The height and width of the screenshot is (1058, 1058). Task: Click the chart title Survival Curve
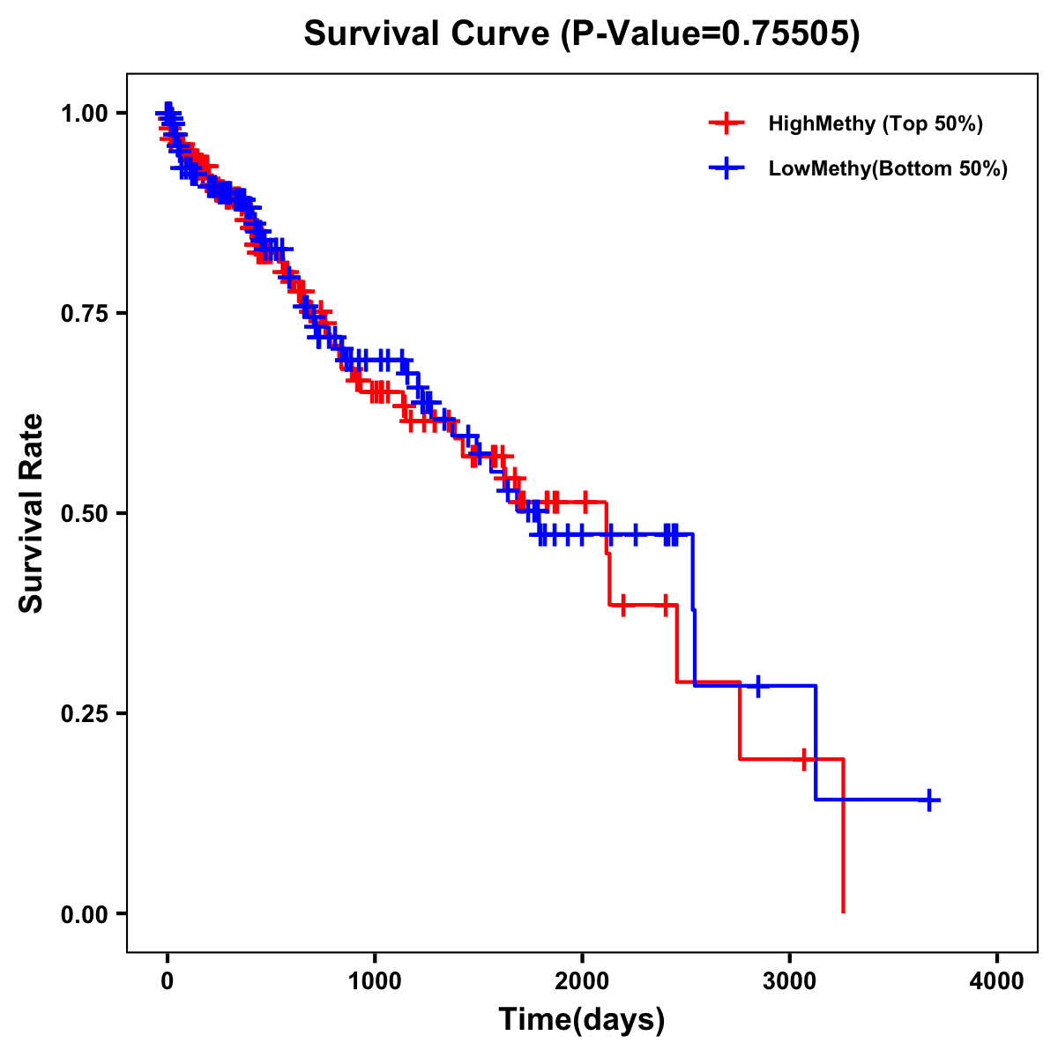[x=581, y=34]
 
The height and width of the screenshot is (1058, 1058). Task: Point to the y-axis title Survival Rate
[x=32, y=513]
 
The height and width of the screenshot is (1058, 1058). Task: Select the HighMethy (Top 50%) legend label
[x=875, y=123]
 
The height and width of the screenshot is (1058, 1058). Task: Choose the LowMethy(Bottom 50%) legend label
[x=888, y=169]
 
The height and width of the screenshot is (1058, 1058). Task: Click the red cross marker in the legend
[x=726, y=123]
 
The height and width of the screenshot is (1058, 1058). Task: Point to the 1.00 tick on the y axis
[x=85, y=114]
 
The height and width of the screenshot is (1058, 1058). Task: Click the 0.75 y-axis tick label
[x=85, y=314]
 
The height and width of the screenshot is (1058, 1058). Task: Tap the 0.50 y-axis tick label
[x=85, y=514]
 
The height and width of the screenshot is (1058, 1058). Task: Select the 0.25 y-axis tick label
[x=85, y=714]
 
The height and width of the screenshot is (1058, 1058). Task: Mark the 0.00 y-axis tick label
[x=85, y=914]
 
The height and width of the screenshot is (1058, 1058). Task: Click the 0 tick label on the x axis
[x=168, y=980]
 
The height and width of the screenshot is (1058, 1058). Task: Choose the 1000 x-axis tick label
[x=375, y=980]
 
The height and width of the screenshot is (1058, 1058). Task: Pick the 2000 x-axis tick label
[x=582, y=980]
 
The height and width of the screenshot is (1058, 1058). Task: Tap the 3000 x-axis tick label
[x=790, y=980]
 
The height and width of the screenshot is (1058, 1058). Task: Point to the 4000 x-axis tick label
[x=997, y=980]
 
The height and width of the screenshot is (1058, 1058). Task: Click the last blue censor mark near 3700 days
[x=929, y=800]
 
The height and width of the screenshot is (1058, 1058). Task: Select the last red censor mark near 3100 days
[x=804, y=759]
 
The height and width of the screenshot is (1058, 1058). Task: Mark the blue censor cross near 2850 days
[x=756, y=685]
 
